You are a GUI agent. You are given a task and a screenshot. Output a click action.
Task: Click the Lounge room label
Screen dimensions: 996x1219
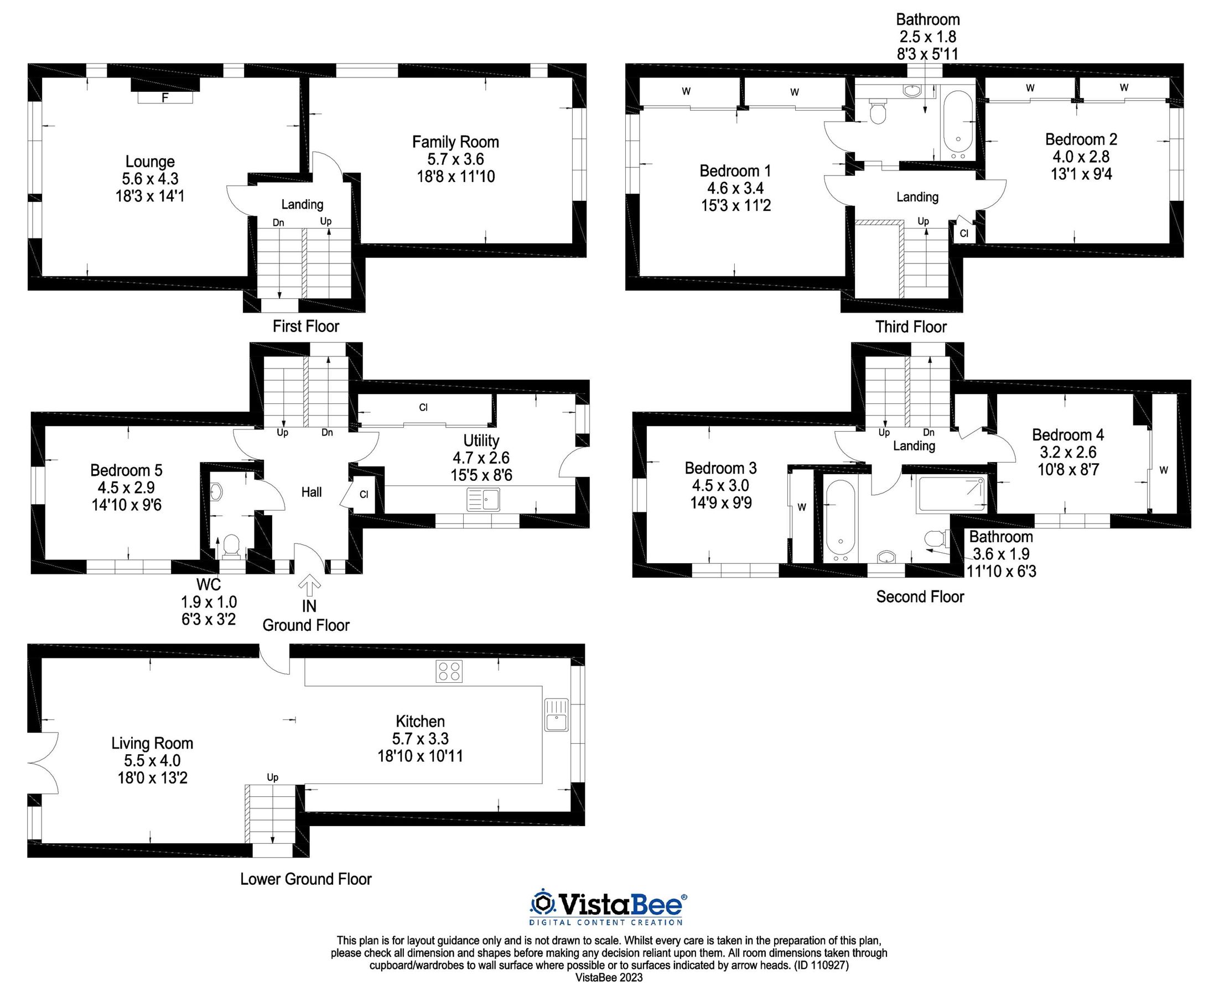[150, 162]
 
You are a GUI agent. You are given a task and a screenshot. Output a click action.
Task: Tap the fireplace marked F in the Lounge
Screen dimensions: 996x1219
[165, 98]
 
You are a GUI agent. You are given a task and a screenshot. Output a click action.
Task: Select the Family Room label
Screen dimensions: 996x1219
[455, 142]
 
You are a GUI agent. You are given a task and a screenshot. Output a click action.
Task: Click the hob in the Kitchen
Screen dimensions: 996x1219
[449, 671]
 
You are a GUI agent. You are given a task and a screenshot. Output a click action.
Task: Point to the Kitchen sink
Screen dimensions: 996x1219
[556, 714]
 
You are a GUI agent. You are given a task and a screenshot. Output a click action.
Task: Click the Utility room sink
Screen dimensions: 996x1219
[484, 499]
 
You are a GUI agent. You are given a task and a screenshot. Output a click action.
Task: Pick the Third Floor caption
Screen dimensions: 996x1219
[910, 327]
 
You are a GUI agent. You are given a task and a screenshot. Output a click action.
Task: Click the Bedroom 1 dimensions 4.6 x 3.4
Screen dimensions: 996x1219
[735, 188]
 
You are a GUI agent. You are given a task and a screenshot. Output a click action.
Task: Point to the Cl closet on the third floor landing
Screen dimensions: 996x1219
[964, 234]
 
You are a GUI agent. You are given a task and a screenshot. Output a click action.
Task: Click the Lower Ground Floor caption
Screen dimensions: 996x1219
[306, 879]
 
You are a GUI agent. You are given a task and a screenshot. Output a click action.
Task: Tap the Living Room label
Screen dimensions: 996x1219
[152, 744]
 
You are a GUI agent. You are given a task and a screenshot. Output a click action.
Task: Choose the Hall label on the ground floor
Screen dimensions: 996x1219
[312, 492]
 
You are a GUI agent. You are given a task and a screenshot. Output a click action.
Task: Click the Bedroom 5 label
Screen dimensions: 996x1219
[126, 470]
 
